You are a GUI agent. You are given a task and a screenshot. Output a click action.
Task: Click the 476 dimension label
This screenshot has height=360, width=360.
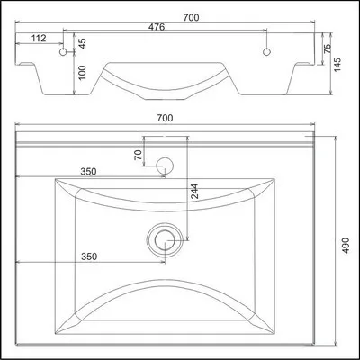157,27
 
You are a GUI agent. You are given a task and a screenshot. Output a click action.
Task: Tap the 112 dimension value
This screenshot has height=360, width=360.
39,39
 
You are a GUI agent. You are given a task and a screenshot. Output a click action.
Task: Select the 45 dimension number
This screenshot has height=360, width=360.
82,43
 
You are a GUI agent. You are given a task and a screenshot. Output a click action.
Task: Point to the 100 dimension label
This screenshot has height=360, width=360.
82,73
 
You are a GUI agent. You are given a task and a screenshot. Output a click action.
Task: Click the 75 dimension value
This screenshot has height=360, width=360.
328,49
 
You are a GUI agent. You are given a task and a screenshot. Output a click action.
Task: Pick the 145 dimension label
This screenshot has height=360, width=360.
337,65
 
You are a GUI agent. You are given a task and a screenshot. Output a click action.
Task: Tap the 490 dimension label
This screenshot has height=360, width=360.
346,246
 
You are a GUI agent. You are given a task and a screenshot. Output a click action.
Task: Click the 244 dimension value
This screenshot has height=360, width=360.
194,192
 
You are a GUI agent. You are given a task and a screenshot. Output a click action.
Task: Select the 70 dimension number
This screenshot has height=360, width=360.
139,155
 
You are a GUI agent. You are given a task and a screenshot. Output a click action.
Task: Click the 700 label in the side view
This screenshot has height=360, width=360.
191,18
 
